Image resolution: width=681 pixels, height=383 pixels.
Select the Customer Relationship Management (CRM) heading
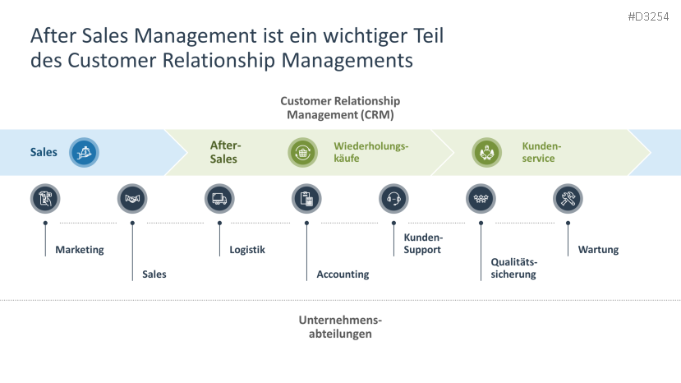pyautogui.click(x=340, y=108)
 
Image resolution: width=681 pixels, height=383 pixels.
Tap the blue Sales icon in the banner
pyautogui.click(x=84, y=152)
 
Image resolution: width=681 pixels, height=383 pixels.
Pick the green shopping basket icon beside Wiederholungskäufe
pyautogui.click(x=302, y=152)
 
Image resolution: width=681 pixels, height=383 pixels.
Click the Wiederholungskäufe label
pyautogui.click(x=370, y=152)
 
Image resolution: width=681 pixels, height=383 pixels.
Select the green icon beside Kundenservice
pyautogui.click(x=486, y=152)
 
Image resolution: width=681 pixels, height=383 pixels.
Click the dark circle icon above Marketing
pyautogui.click(x=45, y=198)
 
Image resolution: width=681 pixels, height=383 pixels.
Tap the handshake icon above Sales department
pyautogui.click(x=132, y=198)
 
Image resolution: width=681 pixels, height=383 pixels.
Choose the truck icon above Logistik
pyautogui.click(x=219, y=198)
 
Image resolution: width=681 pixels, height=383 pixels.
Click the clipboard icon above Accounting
pyautogui.click(x=306, y=198)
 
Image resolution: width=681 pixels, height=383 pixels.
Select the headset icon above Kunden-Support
pyautogui.click(x=393, y=198)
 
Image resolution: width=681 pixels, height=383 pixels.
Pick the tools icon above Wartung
pyautogui.click(x=568, y=198)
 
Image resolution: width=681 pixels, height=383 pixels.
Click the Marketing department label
pyautogui.click(x=80, y=250)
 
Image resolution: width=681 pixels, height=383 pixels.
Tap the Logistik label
pyautogui.click(x=247, y=250)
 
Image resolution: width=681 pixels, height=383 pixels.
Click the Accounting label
pyautogui.click(x=343, y=275)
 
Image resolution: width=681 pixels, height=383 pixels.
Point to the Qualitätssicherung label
pyautogui.click(x=513, y=268)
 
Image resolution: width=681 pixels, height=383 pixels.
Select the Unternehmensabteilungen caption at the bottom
pyautogui.click(x=340, y=327)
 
